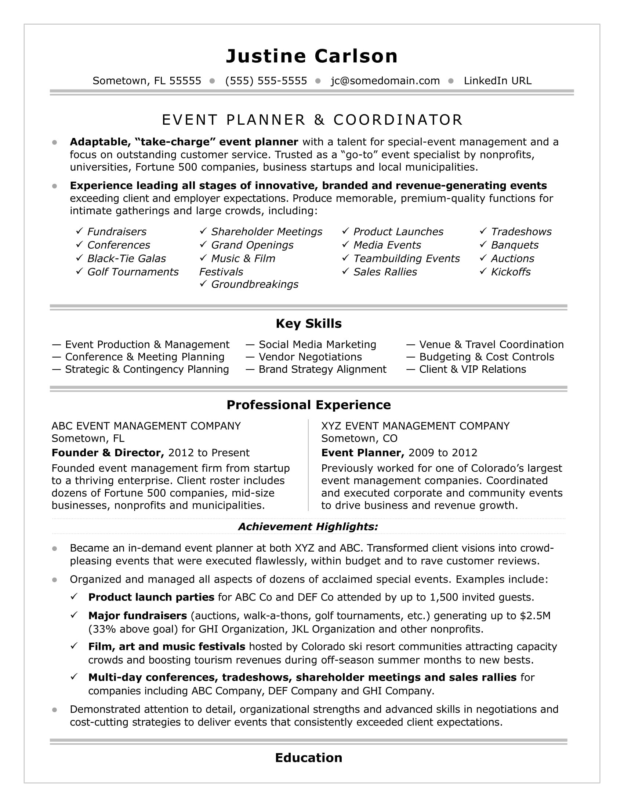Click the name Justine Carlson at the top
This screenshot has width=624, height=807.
coord(312,56)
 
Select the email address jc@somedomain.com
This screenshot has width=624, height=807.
coord(385,81)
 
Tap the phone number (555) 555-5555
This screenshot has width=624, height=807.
coord(266,81)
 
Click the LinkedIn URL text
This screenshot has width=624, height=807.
coord(498,81)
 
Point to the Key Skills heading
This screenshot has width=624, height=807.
coord(309,323)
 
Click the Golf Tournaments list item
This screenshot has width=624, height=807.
coord(133,271)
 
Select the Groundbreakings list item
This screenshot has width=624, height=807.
coord(254,284)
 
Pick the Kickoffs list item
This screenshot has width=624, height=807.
coord(511,271)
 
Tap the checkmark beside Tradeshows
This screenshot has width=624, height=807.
coord(483,231)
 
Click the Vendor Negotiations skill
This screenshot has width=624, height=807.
coord(310,357)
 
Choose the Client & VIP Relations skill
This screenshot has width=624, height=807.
coord(472,369)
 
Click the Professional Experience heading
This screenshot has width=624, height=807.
coord(309,405)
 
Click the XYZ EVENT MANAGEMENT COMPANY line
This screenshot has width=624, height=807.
coord(415,426)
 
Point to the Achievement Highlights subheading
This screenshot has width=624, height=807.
coord(308,526)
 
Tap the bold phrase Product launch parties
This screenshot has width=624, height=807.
coord(151,597)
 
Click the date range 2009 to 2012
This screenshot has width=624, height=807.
coord(443,453)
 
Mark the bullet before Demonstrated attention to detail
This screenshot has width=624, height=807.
coord(55,709)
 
